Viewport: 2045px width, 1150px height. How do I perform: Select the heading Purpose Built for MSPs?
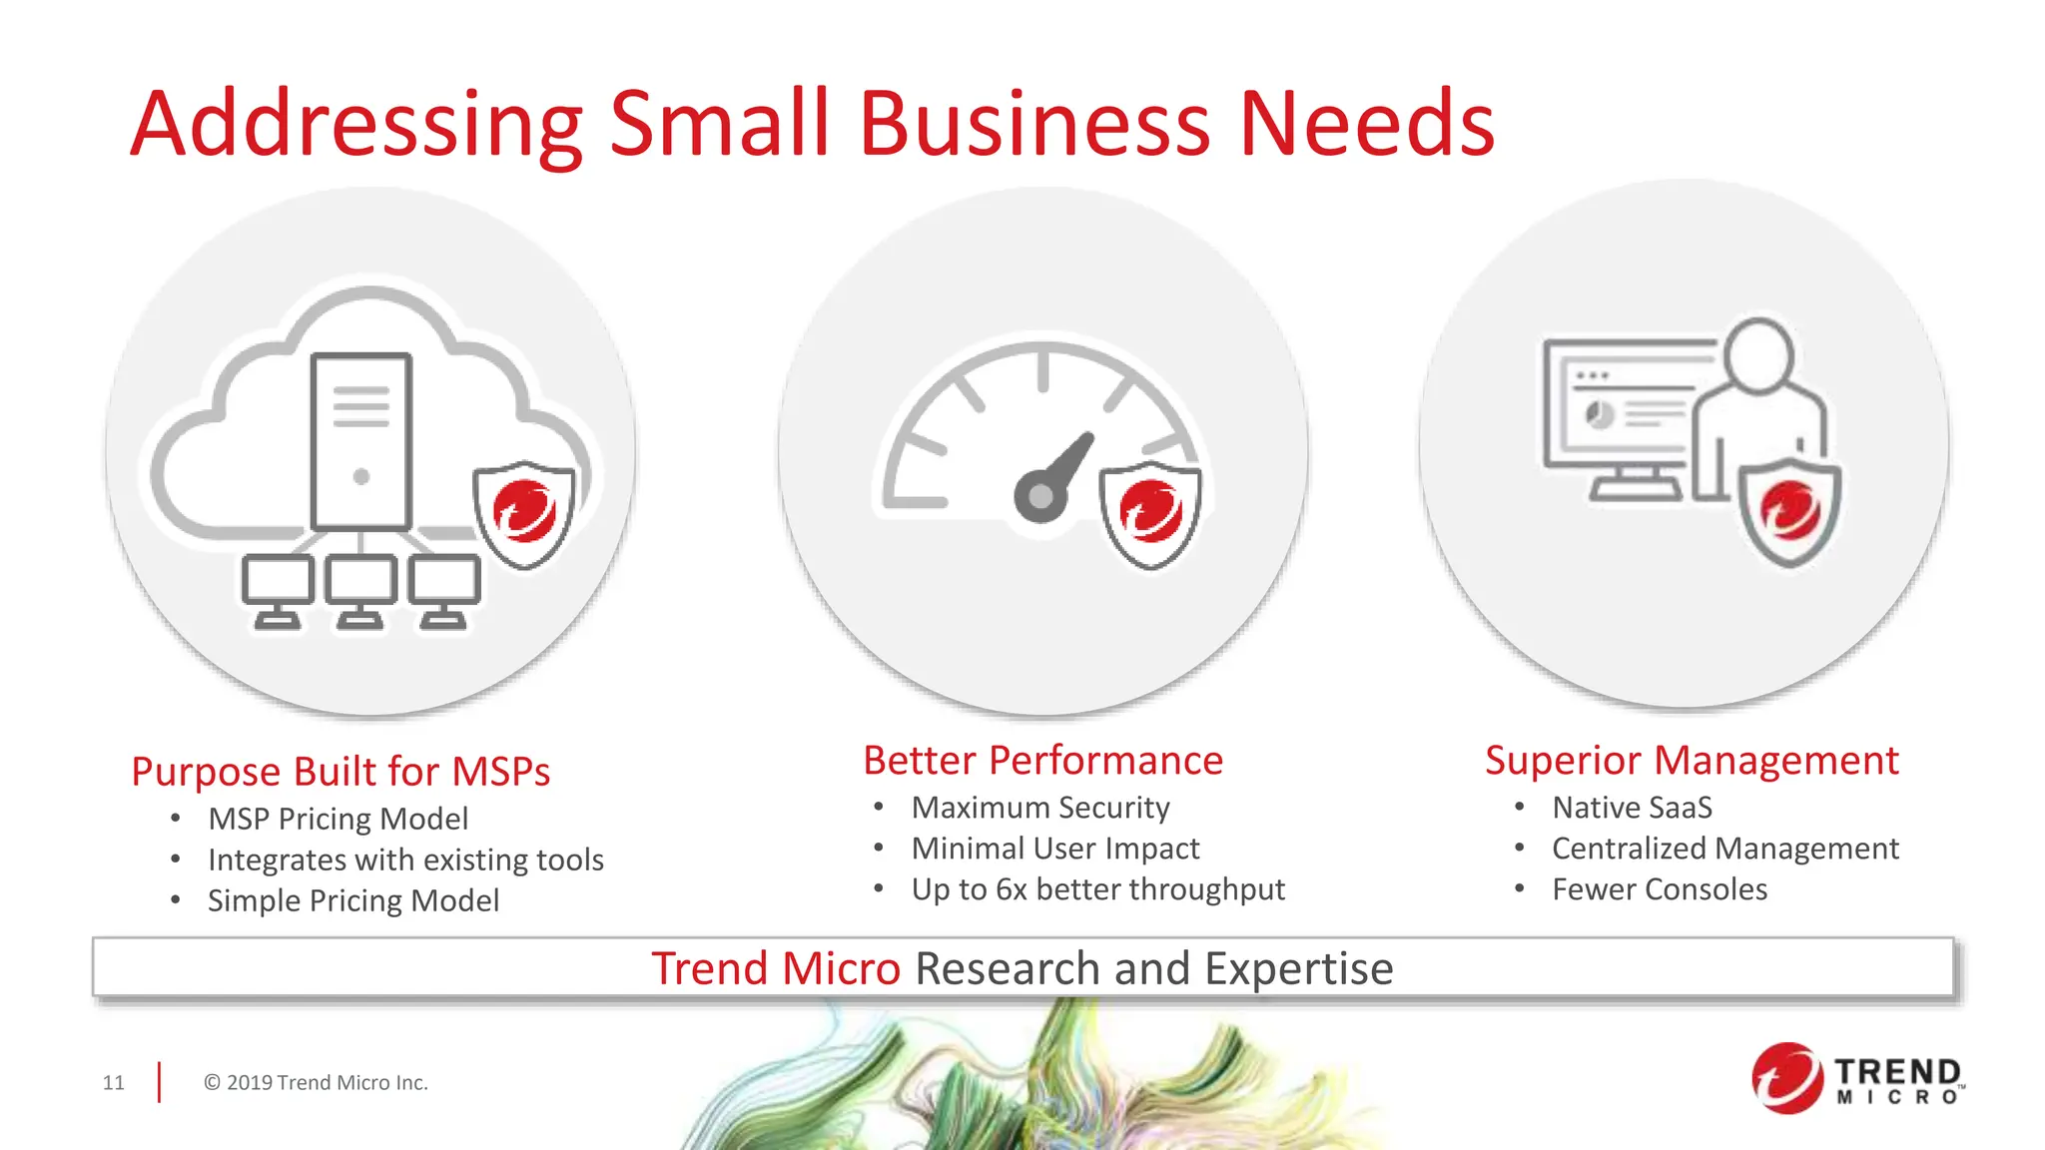(341, 772)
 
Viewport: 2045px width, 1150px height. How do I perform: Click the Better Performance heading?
(1042, 761)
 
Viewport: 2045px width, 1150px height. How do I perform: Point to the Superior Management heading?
(1692, 761)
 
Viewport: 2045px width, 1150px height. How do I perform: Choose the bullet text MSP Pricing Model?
(338, 819)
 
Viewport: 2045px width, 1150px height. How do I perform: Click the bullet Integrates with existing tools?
(405, 860)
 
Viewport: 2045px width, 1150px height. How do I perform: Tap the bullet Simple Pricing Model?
(352, 900)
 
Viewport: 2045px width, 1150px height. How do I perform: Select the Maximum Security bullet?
(1039, 808)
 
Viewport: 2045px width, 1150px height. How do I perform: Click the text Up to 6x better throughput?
(1097, 889)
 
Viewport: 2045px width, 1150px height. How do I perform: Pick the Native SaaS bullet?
(1632, 808)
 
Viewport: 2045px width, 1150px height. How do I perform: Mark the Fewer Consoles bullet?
(1659, 889)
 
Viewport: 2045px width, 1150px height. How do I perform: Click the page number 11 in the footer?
(114, 1083)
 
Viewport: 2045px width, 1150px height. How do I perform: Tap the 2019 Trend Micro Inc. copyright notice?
(316, 1083)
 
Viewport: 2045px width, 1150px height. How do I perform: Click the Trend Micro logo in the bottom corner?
(1856, 1079)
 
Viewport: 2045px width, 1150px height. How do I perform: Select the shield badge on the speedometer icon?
(1150, 513)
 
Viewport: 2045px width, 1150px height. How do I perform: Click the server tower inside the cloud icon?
(361, 440)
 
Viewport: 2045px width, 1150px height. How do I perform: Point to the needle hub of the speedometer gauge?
(1039, 496)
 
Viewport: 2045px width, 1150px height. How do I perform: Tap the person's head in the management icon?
(1758, 354)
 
